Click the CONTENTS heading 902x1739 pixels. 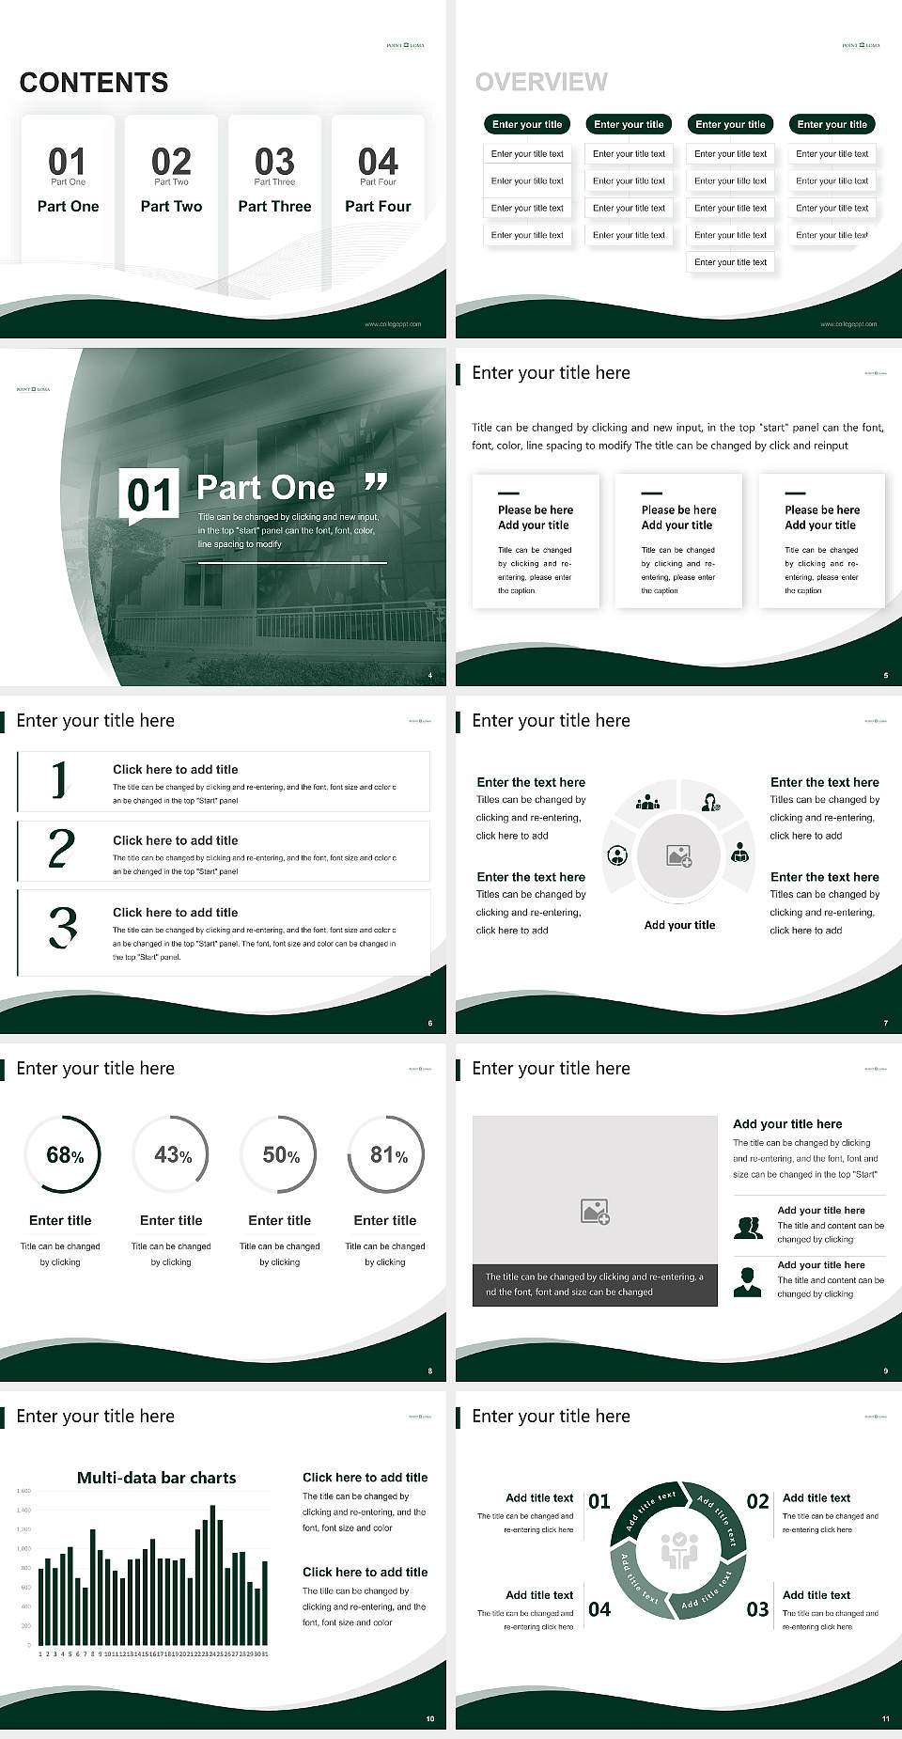pos(93,83)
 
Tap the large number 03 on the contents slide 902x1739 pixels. pos(274,161)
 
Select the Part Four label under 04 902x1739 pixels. pos(378,206)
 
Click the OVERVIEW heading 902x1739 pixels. pos(541,83)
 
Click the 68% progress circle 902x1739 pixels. pos(63,1154)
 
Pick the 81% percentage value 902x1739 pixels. pos(388,1154)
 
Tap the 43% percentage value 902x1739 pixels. pos(172,1154)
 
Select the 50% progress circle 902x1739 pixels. pos(279,1154)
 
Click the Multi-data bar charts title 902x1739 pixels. pos(156,1478)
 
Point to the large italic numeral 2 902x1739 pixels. pos(61,849)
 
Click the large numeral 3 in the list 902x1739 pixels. pos(62,927)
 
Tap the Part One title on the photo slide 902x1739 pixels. pos(266,488)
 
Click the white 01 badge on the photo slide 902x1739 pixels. pos(149,494)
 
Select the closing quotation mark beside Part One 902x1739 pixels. pos(376,483)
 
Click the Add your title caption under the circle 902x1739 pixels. pos(679,925)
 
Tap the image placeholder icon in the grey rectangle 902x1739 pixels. pos(595,1212)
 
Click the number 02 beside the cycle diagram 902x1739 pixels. pos(757,1501)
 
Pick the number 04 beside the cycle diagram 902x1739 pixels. pos(599,1609)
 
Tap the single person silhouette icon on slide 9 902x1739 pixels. pos(747,1282)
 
